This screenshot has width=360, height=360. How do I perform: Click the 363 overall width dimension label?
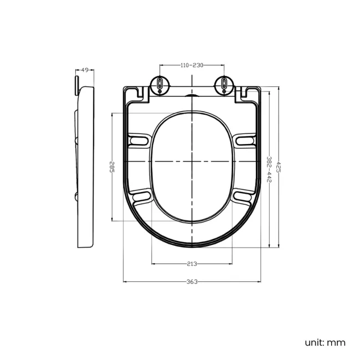tap(192, 282)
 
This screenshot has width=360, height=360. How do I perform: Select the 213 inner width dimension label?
tap(192, 264)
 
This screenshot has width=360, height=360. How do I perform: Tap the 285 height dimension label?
tap(112, 167)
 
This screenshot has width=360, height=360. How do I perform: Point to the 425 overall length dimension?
tap(279, 167)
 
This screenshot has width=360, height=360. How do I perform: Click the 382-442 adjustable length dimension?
tap(269, 169)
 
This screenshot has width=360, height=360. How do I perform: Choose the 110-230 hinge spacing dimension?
tap(192, 65)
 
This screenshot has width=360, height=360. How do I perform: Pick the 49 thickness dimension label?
tap(85, 70)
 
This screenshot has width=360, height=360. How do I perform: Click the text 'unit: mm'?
tap(325, 342)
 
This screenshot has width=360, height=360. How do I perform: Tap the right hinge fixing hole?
tap(224, 84)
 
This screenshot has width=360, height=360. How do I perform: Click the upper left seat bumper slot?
tap(138, 141)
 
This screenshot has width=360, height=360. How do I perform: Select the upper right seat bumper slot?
tap(245, 141)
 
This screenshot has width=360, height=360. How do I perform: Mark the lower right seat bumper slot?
tap(244, 196)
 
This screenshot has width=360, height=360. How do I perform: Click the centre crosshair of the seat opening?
tap(192, 161)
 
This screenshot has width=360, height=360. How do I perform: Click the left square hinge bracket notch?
tap(142, 94)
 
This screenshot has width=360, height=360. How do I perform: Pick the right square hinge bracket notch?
tap(243, 94)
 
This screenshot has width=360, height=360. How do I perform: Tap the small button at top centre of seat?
tap(192, 95)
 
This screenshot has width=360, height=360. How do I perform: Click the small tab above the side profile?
tap(76, 85)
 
